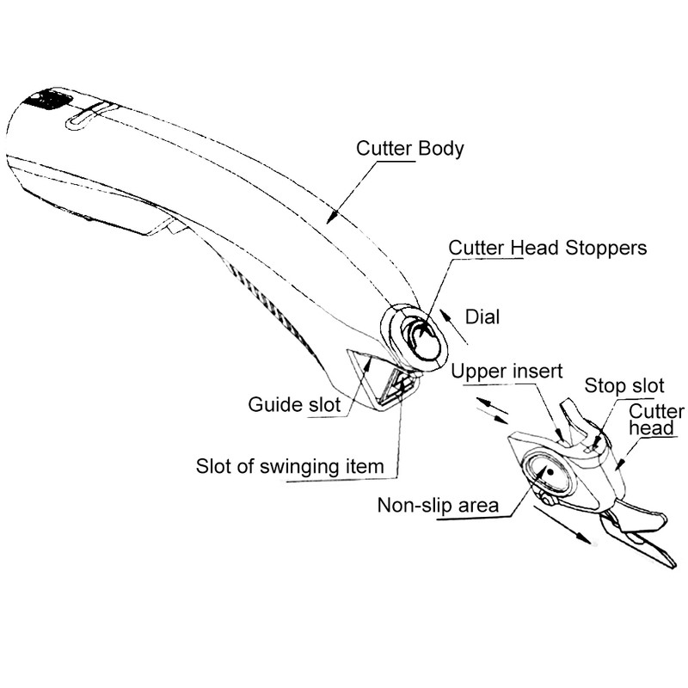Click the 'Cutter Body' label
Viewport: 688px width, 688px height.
coord(410,148)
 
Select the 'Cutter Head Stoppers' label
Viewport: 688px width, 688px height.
coord(547,248)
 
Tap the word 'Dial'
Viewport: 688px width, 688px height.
coord(482,316)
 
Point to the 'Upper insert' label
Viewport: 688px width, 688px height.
coord(507,372)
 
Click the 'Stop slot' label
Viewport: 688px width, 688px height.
coord(624,385)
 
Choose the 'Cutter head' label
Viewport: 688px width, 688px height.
coord(656,420)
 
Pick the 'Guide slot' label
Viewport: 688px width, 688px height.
coord(294,404)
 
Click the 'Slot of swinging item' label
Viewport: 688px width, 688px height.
coord(290,466)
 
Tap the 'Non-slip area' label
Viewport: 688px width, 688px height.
coord(438,505)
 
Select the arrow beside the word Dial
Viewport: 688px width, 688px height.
coord(454,327)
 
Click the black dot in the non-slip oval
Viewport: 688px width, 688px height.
coord(550,471)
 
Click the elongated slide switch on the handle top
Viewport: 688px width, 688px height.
coord(90,115)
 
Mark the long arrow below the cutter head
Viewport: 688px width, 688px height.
coord(562,525)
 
